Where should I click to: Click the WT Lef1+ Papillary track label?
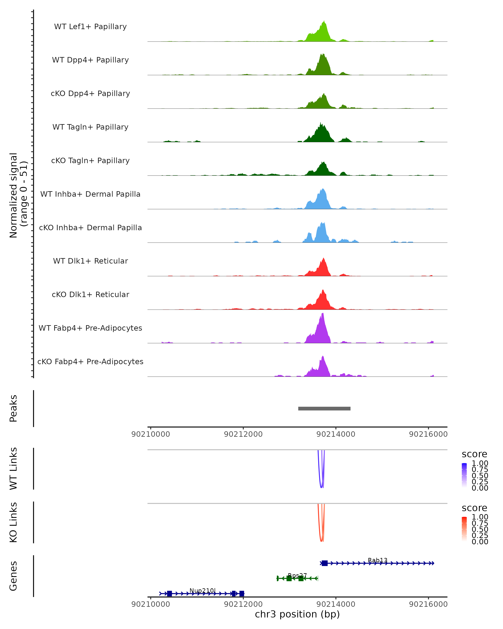(90, 27)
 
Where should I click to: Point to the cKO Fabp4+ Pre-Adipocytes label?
(90, 361)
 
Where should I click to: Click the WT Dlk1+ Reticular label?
(90, 261)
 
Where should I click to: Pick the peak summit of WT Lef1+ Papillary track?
(324, 21)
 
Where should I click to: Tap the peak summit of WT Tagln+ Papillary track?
(320, 122)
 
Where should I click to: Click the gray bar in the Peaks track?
(324, 408)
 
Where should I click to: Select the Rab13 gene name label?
(378, 560)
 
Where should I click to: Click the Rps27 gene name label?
(297, 576)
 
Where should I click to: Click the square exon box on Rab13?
(325, 563)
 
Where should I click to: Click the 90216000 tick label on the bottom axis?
(428, 604)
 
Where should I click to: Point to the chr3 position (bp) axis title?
(297, 614)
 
